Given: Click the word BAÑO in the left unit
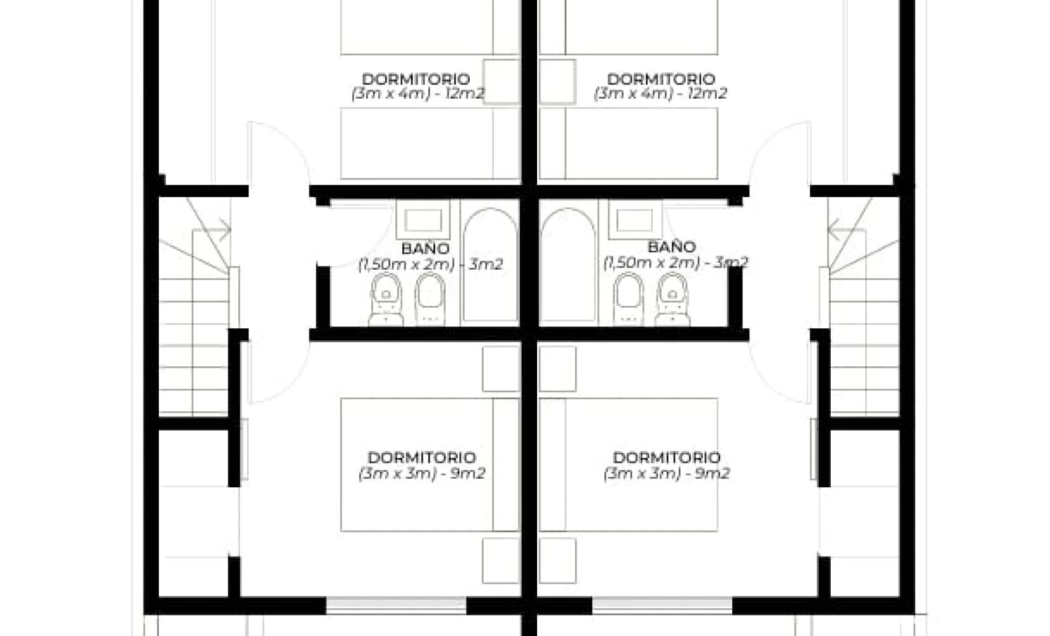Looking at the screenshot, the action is pyautogui.click(x=426, y=248).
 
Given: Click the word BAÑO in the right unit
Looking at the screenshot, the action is pyautogui.click(x=672, y=247).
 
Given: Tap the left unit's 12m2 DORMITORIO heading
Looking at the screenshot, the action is pyautogui.click(x=416, y=79).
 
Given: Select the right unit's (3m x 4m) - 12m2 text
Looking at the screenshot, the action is pyautogui.click(x=660, y=93).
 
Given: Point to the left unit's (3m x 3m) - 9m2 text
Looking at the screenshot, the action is pyautogui.click(x=422, y=473).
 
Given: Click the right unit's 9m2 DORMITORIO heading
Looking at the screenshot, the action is pyautogui.click(x=667, y=457).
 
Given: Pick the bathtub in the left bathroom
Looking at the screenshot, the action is pyautogui.click(x=490, y=265).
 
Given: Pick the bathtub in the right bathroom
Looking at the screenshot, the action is pyautogui.click(x=568, y=265).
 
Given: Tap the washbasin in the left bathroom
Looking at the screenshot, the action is pyautogui.click(x=423, y=220).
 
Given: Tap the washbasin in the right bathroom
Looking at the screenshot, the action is pyautogui.click(x=635, y=220).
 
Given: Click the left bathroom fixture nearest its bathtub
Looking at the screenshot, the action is pyautogui.click(x=430, y=299).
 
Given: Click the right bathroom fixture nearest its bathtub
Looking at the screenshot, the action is pyautogui.click(x=628, y=299).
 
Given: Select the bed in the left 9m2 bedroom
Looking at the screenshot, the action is pyautogui.click(x=430, y=465).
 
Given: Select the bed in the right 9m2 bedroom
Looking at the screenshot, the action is pyautogui.click(x=629, y=465).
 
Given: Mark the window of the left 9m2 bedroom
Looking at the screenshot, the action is pyautogui.click(x=396, y=605).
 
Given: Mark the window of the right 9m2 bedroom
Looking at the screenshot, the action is pyautogui.click(x=662, y=605).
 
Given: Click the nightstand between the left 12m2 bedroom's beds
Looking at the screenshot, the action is pyautogui.click(x=501, y=81).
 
